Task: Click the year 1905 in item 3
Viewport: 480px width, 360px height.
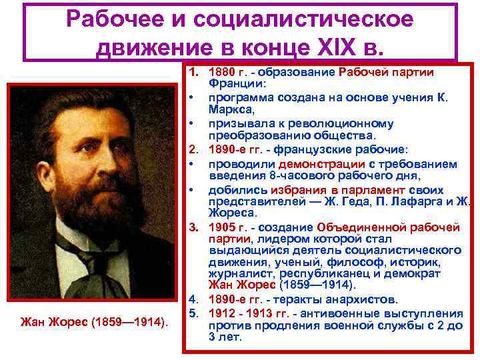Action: coord(221,227)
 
